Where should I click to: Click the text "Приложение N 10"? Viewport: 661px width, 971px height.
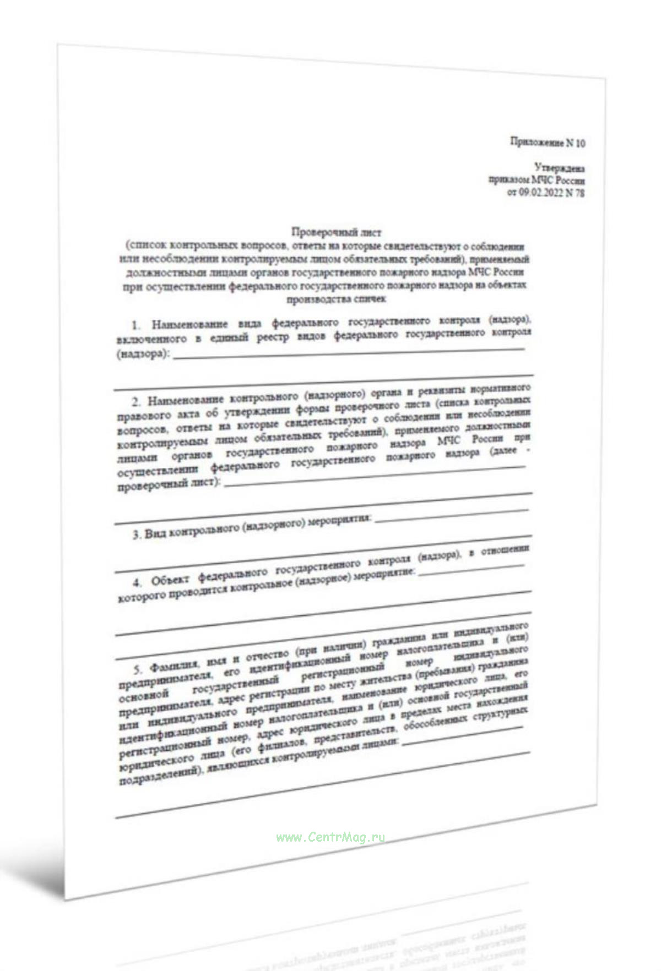[547, 143]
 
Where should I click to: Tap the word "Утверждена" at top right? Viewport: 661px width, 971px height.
[559, 167]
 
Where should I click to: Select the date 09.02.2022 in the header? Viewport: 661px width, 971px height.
[540, 193]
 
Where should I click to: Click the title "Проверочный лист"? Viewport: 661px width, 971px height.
[336, 232]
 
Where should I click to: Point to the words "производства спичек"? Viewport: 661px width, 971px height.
[336, 299]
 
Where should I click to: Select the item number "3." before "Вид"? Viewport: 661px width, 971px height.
[137, 534]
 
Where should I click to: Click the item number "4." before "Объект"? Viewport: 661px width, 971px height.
[138, 582]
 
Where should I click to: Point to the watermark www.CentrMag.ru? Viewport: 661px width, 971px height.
[330, 837]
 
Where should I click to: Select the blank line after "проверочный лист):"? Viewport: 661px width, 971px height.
[375, 477]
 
